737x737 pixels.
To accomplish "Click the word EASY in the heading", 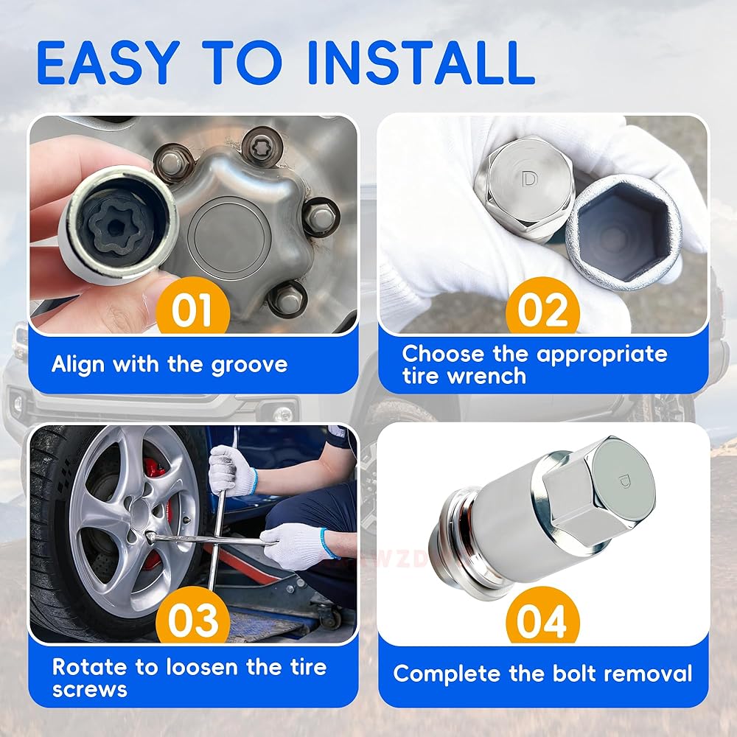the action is click(x=108, y=63).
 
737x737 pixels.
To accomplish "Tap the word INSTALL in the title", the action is click(x=422, y=63).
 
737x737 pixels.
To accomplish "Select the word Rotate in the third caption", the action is click(x=90, y=667).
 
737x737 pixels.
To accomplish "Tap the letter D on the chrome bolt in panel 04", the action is click(x=624, y=481).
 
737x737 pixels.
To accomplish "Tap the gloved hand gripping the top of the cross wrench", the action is click(x=232, y=471).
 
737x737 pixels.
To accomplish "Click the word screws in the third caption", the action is click(x=89, y=690).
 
